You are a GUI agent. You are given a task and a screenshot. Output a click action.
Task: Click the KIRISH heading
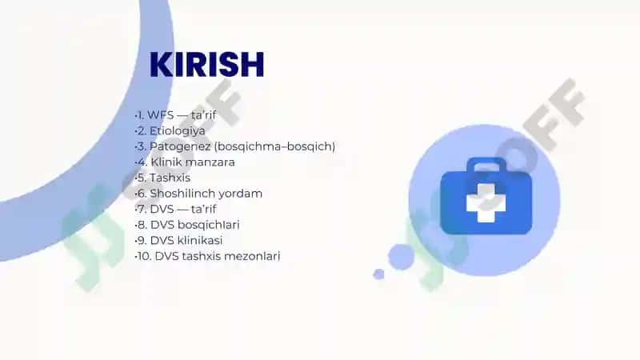click(x=207, y=65)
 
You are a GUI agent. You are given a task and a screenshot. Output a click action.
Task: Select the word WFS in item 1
click(x=161, y=115)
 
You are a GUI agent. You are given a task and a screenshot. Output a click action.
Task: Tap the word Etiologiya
click(x=177, y=131)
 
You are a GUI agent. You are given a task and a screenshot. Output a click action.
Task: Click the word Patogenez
click(x=180, y=146)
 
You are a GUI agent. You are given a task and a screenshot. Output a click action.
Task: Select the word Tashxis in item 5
click(x=170, y=178)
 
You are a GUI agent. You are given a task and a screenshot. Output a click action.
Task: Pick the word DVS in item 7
click(x=162, y=210)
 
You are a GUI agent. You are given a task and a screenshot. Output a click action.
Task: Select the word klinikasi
click(x=200, y=241)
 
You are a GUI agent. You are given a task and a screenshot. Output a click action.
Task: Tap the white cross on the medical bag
click(x=486, y=202)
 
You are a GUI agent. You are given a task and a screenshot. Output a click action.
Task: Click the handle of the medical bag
click(x=486, y=164)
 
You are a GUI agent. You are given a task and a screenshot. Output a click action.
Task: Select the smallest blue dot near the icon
click(x=378, y=274)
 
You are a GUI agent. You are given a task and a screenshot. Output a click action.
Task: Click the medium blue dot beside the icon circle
click(x=402, y=257)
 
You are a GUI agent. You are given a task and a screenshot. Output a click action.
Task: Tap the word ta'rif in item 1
click(x=204, y=115)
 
